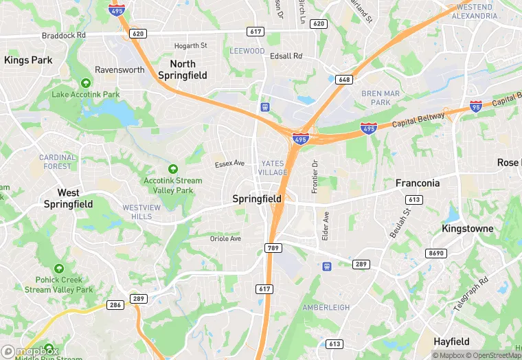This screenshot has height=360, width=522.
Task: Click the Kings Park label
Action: (28, 60)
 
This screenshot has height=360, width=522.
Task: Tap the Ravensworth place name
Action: (120, 70)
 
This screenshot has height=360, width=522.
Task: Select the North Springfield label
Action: (182, 69)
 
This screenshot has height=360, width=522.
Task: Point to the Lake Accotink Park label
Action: (86, 94)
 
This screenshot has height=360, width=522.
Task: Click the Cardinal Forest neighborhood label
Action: (58, 161)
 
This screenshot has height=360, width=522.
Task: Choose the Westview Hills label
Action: (141, 212)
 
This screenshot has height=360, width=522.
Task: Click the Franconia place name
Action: (418, 183)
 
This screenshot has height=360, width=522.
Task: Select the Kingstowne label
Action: (468, 228)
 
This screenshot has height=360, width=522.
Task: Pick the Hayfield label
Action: (451, 341)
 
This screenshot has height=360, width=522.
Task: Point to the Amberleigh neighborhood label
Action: (326, 307)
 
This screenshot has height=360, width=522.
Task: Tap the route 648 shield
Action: (344, 80)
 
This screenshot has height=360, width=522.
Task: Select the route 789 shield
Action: (272, 247)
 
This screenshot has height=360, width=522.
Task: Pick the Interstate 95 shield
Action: (476, 106)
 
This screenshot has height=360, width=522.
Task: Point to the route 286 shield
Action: (115, 304)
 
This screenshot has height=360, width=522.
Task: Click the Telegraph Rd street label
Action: (470, 293)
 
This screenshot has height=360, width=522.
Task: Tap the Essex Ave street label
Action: (229, 164)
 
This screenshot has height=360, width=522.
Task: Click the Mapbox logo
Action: (30, 351)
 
